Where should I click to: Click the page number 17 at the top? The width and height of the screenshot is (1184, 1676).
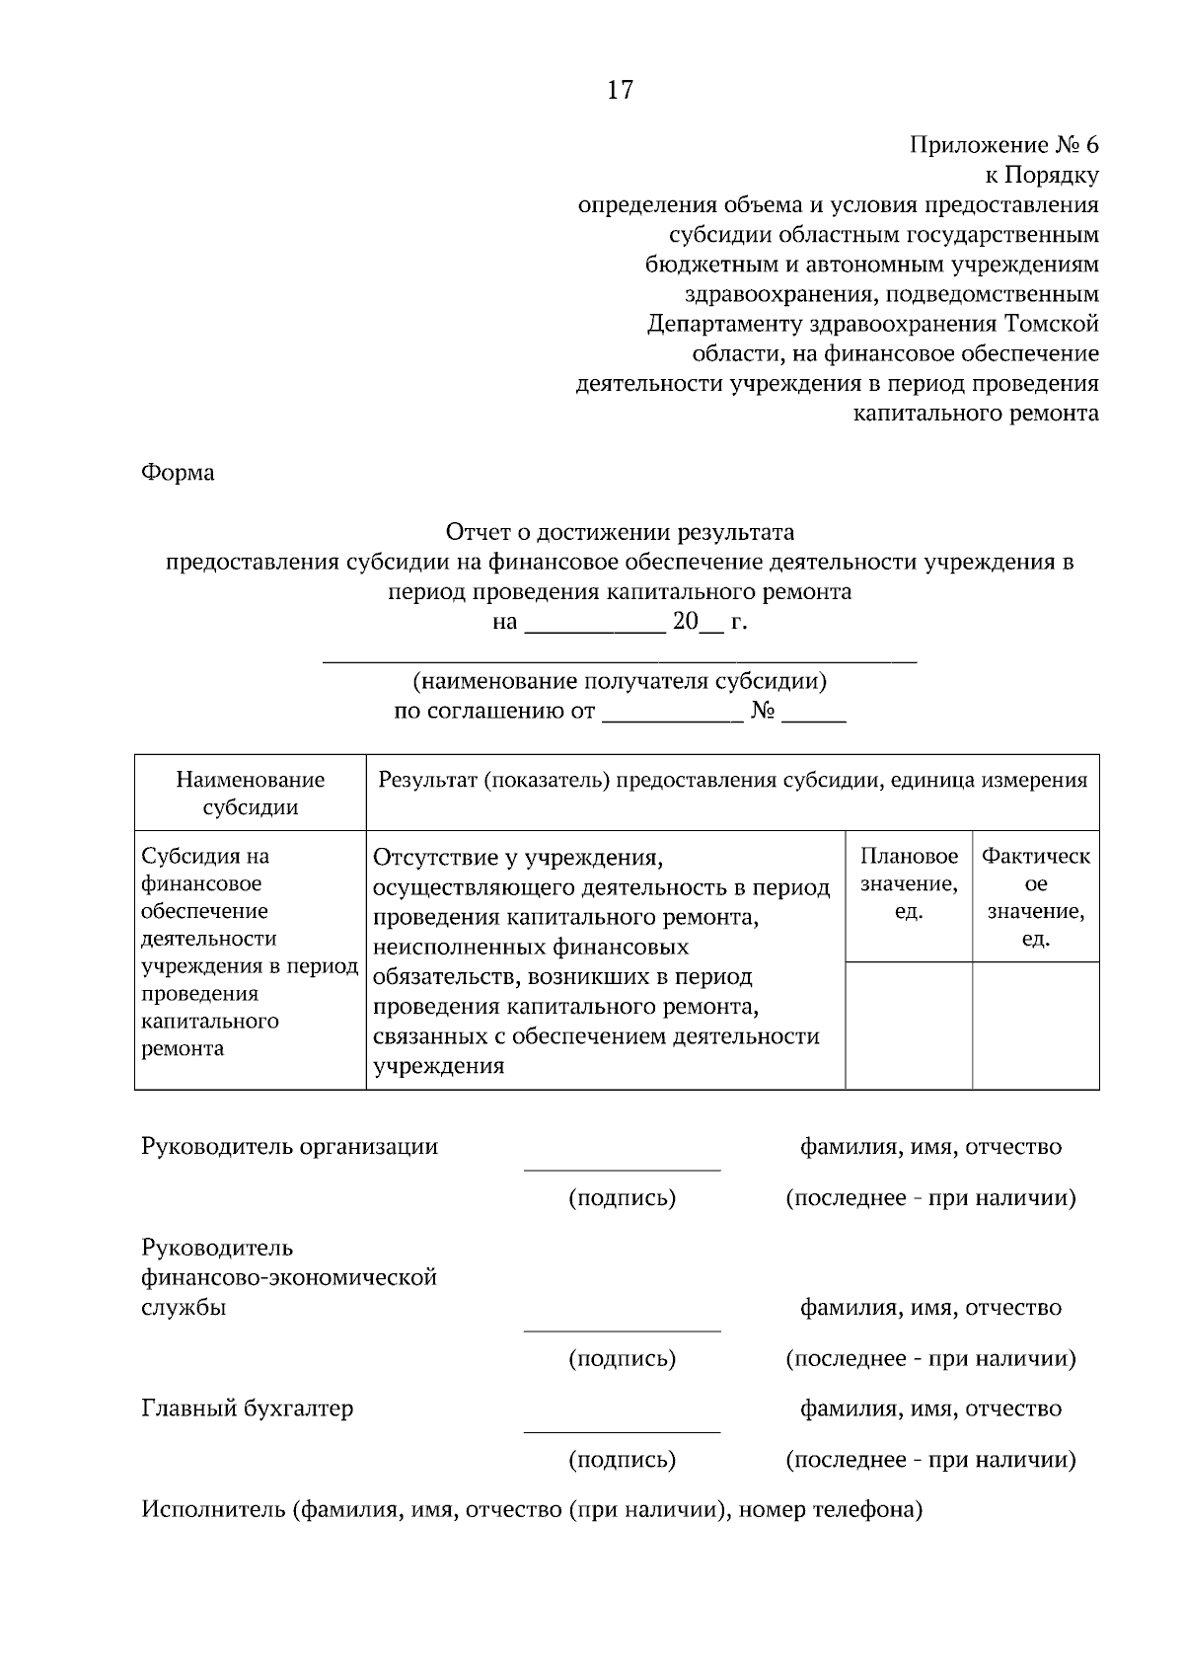620,91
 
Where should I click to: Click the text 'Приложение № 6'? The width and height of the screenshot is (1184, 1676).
1003,145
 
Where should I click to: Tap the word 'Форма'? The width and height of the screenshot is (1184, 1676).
178,473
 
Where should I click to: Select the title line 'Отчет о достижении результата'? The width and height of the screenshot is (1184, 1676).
620,533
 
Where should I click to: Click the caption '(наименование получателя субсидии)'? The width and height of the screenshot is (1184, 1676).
620,681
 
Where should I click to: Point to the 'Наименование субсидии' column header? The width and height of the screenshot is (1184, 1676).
251,794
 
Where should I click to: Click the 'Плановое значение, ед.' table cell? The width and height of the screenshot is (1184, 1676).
909,883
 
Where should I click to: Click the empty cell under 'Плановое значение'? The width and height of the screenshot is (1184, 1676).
909,1026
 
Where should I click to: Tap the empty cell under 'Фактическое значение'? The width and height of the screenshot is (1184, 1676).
1036,1026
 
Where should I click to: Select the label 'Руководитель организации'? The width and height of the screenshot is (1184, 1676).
289,1147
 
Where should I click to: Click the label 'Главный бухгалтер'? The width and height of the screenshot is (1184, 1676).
247,1409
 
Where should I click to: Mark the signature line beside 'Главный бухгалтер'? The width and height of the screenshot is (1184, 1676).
622,1430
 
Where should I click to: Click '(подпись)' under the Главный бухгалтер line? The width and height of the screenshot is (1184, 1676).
622,1460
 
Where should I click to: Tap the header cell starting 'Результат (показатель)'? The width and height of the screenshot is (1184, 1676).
732,781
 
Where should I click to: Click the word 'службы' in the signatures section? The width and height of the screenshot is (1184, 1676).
184,1308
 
